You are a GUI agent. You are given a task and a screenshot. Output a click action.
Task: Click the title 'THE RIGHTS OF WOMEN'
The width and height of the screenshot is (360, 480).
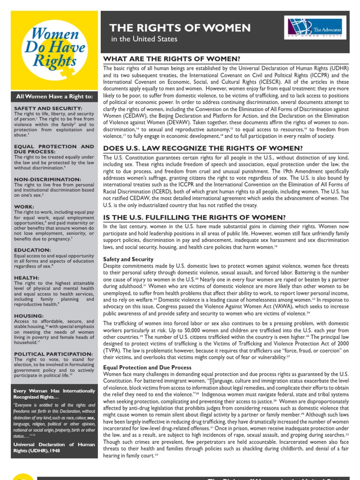[x=180, y=28]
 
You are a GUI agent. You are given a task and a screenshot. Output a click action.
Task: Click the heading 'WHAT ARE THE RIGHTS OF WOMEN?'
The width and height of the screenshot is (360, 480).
[x=172, y=59]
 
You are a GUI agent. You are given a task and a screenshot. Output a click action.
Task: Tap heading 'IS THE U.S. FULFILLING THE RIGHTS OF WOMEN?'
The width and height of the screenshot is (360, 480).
[x=194, y=217]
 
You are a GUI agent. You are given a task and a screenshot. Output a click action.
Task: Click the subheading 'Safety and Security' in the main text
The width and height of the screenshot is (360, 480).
[x=128, y=259]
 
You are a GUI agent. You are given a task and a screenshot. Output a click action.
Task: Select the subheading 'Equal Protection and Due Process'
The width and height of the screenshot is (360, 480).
[x=147, y=367]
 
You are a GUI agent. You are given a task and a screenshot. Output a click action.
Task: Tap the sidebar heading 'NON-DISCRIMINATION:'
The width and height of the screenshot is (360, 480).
[x=41, y=180]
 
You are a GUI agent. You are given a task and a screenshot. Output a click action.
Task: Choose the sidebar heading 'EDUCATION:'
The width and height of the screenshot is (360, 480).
[x=32, y=250]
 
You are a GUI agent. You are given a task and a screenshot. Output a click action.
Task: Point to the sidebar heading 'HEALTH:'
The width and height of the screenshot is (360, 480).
[x=27, y=278]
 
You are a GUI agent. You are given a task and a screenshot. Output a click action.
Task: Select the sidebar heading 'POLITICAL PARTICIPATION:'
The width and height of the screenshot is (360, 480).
[x=53, y=354]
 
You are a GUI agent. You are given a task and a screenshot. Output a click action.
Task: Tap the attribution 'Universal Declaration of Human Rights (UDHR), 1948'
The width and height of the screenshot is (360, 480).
[x=54, y=448]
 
